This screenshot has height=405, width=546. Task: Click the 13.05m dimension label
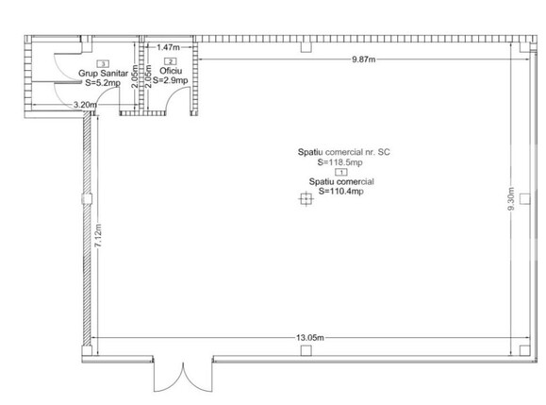(310, 337)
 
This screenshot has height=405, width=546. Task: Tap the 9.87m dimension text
(364, 59)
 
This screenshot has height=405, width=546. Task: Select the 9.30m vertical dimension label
(511, 198)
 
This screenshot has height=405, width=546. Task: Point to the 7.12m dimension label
(98, 236)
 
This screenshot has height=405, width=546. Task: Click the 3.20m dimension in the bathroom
(85, 104)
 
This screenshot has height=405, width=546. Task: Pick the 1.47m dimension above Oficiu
(168, 46)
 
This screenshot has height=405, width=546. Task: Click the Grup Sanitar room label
(103, 74)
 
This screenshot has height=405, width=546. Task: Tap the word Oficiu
(171, 71)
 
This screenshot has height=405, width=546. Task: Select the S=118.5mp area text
(339, 162)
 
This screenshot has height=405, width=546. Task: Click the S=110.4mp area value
(341, 191)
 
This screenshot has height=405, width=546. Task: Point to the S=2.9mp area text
(171, 80)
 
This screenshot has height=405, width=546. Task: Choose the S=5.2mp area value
(103, 82)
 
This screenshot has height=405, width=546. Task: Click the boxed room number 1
(341, 172)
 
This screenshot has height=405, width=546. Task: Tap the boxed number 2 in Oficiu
(171, 61)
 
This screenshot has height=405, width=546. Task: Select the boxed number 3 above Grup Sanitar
(103, 64)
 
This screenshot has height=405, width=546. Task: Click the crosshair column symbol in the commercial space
(306, 199)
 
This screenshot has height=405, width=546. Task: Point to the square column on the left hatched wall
(87, 199)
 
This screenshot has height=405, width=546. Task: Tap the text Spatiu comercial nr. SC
(343, 152)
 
